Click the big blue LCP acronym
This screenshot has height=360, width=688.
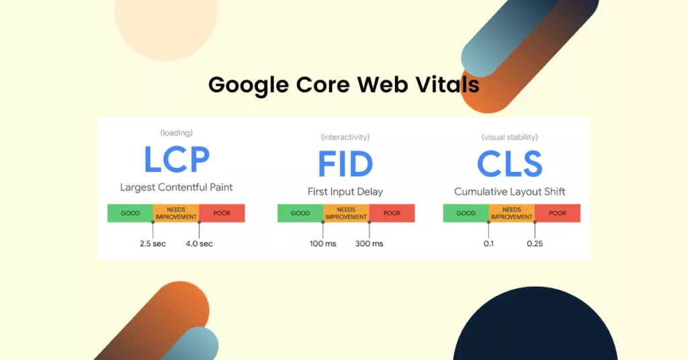click(x=177, y=159)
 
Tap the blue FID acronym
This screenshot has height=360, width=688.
click(x=345, y=164)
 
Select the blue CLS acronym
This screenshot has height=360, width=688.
click(x=509, y=164)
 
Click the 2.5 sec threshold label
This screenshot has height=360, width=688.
click(x=153, y=244)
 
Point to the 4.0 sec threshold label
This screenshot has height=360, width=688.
click(x=199, y=244)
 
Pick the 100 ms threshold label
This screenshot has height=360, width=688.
click(x=323, y=244)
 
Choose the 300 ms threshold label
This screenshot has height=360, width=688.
click(x=370, y=244)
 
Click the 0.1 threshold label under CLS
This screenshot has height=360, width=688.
click(x=489, y=244)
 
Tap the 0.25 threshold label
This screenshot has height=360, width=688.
click(x=535, y=244)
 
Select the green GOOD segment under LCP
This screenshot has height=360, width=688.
click(x=130, y=213)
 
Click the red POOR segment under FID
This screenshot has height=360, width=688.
click(x=392, y=213)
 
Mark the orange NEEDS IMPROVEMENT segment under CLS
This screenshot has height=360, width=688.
click(x=511, y=213)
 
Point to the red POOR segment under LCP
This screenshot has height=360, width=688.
click(x=222, y=213)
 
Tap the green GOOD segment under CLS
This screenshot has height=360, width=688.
click(x=466, y=213)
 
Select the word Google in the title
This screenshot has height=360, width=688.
click(x=249, y=85)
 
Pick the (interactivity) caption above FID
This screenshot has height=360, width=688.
click(x=345, y=137)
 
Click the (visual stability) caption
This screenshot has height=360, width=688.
click(x=509, y=137)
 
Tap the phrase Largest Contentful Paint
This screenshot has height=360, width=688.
click(x=177, y=187)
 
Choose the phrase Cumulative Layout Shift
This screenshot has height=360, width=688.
click(x=509, y=191)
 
